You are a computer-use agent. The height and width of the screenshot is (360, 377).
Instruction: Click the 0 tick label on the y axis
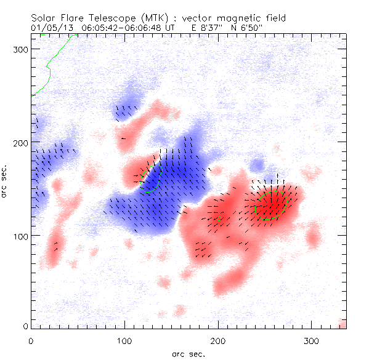(x=26, y=326)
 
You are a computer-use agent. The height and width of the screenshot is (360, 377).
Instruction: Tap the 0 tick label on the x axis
(x=31, y=340)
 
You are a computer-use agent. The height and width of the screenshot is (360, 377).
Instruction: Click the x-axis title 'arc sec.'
(x=188, y=353)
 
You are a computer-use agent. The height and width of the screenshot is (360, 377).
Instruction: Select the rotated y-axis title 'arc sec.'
(x=6, y=182)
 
